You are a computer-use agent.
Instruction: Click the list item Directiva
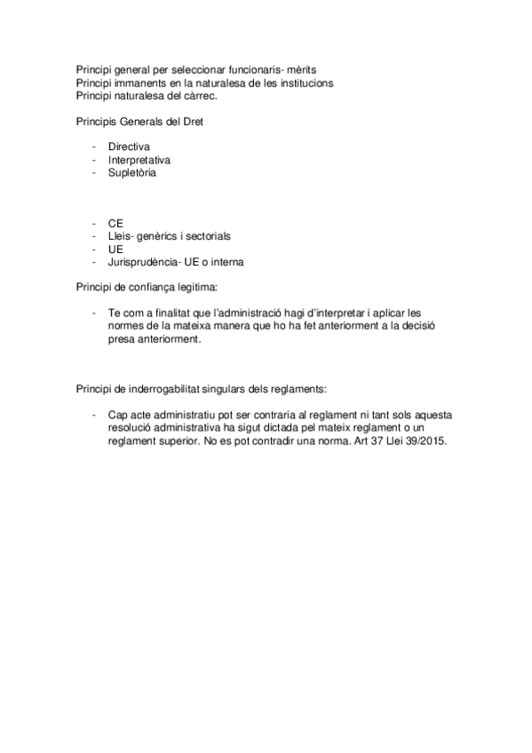pyautogui.click(x=130, y=147)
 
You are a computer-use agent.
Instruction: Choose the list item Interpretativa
pyautogui.click(x=139, y=160)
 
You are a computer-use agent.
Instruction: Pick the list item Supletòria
pyautogui.click(x=132, y=172)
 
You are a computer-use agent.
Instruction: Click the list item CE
pyautogui.click(x=115, y=224)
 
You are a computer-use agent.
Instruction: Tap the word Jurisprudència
pyautogui.click(x=142, y=263)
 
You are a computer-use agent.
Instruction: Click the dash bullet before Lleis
pyautogui.click(x=93, y=237)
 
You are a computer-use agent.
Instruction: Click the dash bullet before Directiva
pyautogui.click(x=93, y=147)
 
